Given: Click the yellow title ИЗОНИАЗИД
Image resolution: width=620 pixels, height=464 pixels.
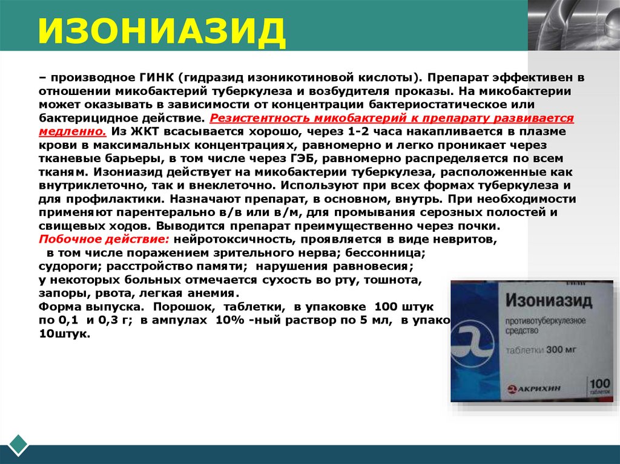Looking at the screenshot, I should point(162,32).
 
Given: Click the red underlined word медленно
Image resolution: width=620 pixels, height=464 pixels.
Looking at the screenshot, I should point(64,131).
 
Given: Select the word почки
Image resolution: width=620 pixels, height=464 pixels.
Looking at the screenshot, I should point(480,226).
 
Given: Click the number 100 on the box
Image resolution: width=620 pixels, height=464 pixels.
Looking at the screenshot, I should point(599,384).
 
